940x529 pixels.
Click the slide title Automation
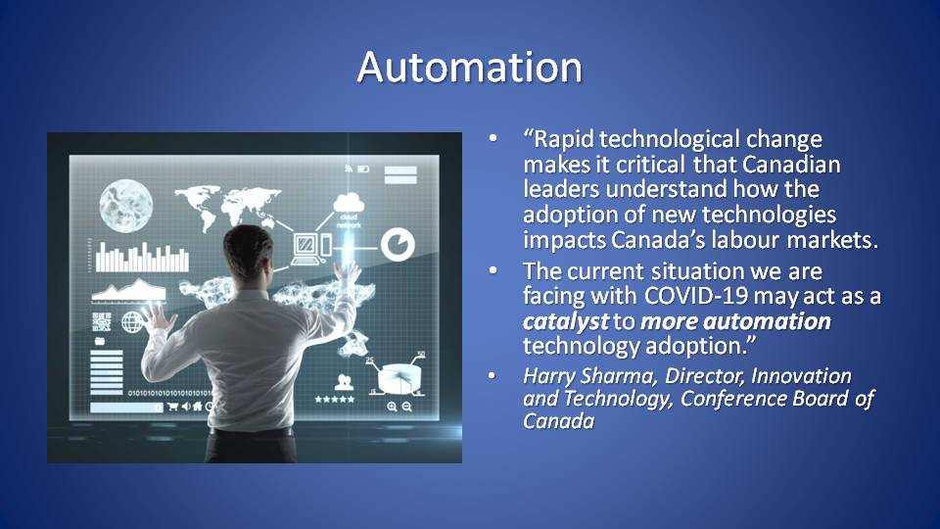tap(469, 67)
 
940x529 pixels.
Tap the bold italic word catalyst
tap(566, 321)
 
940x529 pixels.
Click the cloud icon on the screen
tap(349, 203)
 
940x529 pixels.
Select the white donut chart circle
tap(398, 245)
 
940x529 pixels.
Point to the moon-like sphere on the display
tap(126, 205)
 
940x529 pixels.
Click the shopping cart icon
tap(172, 407)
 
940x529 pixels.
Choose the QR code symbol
tap(102, 321)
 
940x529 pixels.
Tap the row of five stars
tap(335, 399)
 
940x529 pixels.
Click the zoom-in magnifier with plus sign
tap(392, 407)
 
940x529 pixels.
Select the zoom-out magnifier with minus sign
tap(406, 407)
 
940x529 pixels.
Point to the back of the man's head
tap(248, 252)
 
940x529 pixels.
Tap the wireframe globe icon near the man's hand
tap(132, 322)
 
